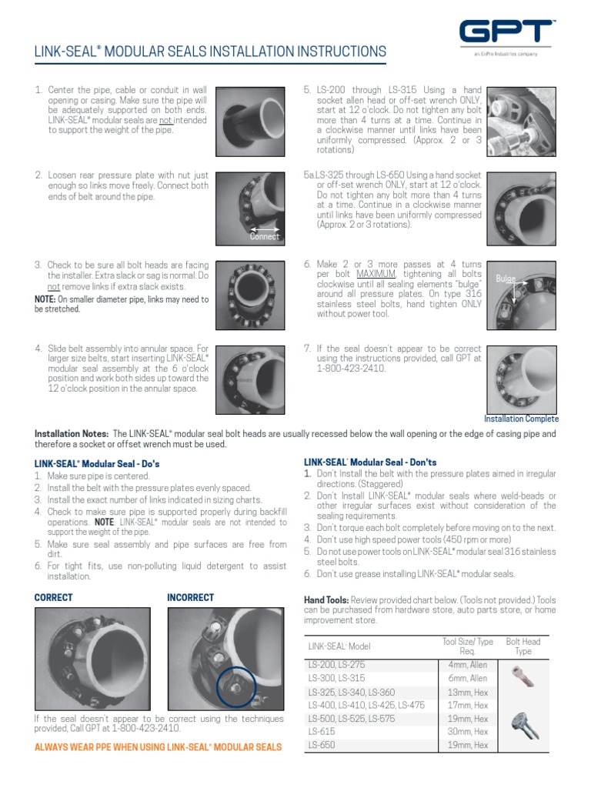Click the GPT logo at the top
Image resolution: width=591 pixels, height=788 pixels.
(506, 32)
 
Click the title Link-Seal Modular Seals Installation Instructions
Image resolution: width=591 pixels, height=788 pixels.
(210, 52)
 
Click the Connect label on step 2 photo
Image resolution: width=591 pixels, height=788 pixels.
(265, 236)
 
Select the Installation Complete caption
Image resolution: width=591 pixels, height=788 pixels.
(521, 419)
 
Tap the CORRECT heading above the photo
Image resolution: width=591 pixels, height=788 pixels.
(54, 597)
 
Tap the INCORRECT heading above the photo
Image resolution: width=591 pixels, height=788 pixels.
(191, 597)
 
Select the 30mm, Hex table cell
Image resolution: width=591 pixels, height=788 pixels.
(467, 732)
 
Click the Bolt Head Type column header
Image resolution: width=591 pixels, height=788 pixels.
(523, 646)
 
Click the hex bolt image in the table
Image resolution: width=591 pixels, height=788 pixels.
(523, 720)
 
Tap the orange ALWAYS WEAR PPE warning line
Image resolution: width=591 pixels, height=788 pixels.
(158, 747)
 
